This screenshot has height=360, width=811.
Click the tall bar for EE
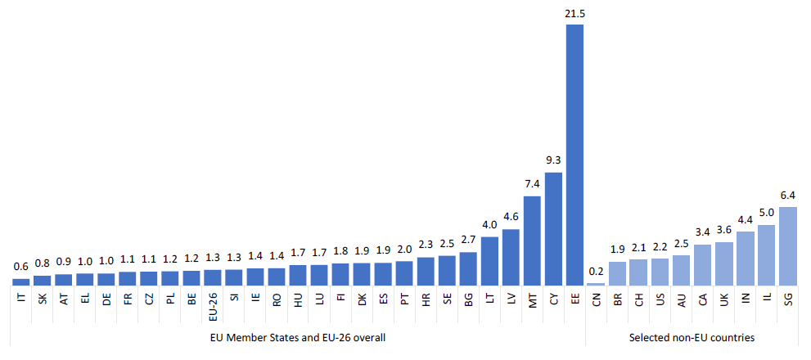[574, 155]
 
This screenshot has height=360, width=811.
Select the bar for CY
[553, 229]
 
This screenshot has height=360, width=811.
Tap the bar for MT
[532, 241]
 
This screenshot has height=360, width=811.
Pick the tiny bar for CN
[597, 284]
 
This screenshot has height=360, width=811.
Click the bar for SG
[788, 246]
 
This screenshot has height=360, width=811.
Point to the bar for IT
[21, 282]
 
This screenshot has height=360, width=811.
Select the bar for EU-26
[213, 278]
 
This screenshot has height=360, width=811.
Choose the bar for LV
[511, 258]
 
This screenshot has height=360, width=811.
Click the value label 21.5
[574, 14]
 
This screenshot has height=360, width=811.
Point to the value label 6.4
[788, 196]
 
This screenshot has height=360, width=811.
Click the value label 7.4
[532, 185]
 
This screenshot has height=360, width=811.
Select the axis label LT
[489, 299]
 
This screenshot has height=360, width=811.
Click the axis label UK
[724, 299]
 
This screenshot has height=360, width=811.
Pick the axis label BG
[468, 299]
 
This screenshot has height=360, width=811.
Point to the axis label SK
[43, 299]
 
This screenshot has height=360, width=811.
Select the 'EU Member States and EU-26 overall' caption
[298, 337]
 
